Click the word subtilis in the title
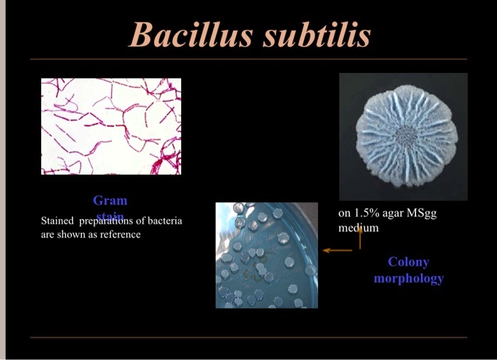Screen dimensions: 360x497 [x=317, y=34]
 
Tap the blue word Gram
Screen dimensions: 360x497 [x=110, y=200]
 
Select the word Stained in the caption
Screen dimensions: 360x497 [x=58, y=221]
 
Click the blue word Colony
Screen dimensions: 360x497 [x=408, y=262]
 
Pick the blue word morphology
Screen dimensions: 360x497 [x=408, y=278]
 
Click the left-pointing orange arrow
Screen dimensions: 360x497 [x=337, y=250]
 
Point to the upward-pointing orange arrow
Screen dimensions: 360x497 [x=360, y=236]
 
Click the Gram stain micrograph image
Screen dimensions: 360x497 [x=111, y=126]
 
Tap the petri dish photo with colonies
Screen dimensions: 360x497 [x=266, y=255]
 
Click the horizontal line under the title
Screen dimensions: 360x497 [x=248, y=60]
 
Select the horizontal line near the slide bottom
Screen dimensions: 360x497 [x=248, y=337]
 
